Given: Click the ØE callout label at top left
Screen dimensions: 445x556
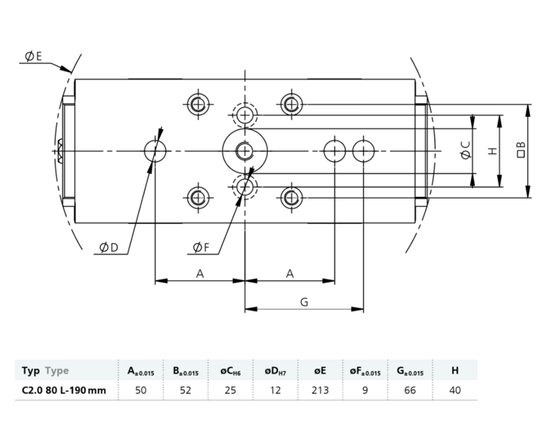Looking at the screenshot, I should point(33,56).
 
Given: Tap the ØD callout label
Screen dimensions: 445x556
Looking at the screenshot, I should point(108,248).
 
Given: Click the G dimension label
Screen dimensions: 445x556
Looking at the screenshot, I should point(303,301).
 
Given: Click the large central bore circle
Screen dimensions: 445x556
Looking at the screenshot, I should point(245,149).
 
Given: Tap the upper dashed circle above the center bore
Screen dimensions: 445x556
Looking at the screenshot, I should point(245,114).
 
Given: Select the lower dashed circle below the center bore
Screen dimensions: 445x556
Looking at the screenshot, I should point(245,186).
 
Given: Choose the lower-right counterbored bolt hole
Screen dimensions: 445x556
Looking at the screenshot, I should point(292,195).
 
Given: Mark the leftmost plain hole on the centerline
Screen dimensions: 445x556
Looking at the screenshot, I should point(155,149).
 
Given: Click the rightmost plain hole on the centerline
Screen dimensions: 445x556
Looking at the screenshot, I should point(363,149).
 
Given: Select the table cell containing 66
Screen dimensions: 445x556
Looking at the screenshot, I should point(410,390).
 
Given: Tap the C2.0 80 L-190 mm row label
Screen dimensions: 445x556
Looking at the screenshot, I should point(64,390).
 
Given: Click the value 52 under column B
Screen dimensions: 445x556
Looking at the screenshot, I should point(185,390).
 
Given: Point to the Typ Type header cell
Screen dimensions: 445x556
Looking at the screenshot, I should point(45,370).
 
